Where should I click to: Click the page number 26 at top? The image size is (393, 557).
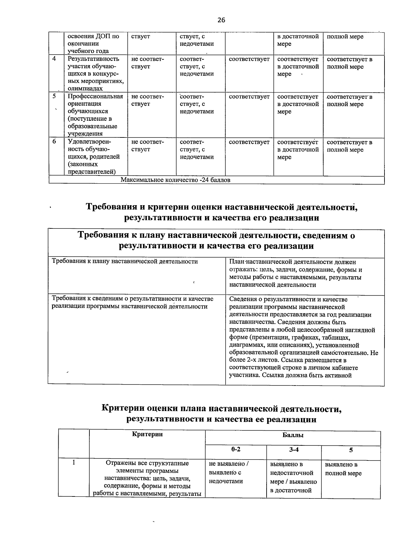pyautogui.click(x=221, y=20)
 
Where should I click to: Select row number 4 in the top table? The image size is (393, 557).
pyautogui.click(x=54, y=59)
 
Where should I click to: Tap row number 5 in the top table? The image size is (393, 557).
pyautogui.click(x=54, y=96)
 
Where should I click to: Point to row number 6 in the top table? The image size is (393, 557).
pyautogui.click(x=54, y=141)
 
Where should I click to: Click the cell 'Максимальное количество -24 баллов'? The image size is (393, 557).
pyautogui.click(x=175, y=180)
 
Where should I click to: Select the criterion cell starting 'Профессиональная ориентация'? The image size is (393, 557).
pyautogui.click(x=95, y=115)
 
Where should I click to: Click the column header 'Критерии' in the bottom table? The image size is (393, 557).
pyautogui.click(x=147, y=434)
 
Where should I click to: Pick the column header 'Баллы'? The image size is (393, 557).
pyautogui.click(x=293, y=435)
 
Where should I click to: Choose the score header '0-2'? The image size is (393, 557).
pyautogui.click(x=235, y=449)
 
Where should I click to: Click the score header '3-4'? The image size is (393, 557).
pyautogui.click(x=294, y=449)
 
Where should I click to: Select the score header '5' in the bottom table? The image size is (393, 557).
pyautogui.click(x=350, y=450)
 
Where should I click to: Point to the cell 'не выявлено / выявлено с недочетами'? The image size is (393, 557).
pyautogui.click(x=229, y=473)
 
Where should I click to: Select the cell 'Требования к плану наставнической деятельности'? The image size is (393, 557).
pyautogui.click(x=125, y=261)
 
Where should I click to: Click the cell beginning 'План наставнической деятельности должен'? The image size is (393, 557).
pyautogui.click(x=295, y=273)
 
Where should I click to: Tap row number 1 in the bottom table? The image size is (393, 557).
pyautogui.click(x=74, y=463)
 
